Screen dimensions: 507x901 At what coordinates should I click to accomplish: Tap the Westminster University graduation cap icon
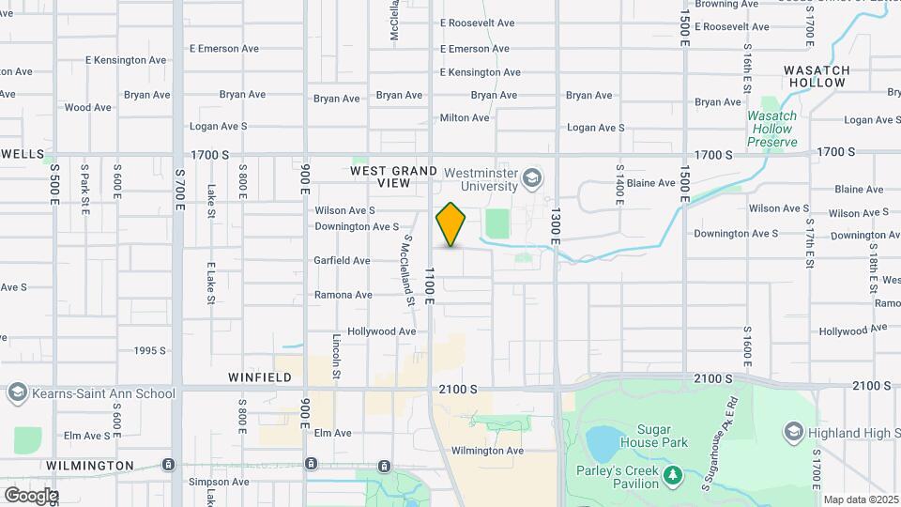(x=532, y=178)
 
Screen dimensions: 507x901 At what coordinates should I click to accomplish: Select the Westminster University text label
(x=481, y=178)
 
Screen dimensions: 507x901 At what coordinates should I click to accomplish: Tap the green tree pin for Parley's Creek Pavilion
(x=672, y=476)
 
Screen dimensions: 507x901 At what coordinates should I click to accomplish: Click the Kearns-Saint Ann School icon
(x=16, y=392)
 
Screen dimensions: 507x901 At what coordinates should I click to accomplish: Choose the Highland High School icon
(x=793, y=432)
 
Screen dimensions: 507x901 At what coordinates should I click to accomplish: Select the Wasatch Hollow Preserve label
(x=771, y=129)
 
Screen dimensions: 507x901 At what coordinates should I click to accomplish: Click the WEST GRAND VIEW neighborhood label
(x=394, y=177)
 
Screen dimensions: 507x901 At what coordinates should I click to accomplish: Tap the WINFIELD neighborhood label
(x=260, y=377)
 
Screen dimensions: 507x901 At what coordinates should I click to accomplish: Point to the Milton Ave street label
(x=465, y=117)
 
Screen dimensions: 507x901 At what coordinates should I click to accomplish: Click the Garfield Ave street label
(x=343, y=260)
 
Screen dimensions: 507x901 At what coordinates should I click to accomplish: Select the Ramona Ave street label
(x=344, y=295)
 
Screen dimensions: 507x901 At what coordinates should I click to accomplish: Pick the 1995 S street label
(x=149, y=351)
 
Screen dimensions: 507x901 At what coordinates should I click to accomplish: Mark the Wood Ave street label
(x=88, y=107)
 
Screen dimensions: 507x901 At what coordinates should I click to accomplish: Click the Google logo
(x=30, y=495)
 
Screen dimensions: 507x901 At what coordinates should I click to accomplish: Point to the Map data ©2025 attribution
(x=861, y=500)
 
